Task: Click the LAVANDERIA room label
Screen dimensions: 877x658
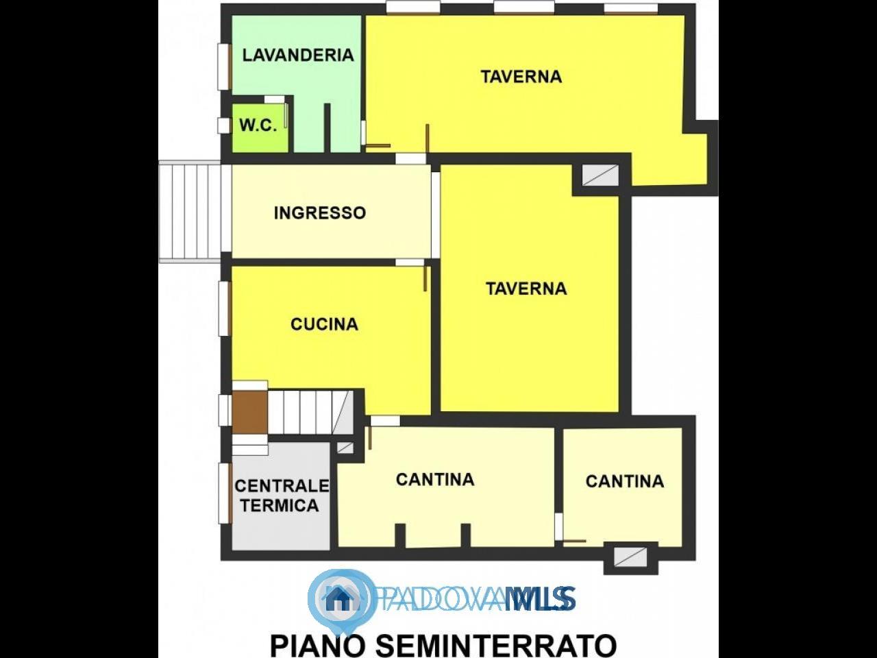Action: point(298,55)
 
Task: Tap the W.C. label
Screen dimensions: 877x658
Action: point(258,125)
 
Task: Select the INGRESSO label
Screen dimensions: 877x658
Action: point(320,213)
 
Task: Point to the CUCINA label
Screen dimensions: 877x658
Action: point(324,324)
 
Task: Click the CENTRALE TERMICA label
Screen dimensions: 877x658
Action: point(282,496)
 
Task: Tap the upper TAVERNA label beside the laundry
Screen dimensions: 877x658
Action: point(521,76)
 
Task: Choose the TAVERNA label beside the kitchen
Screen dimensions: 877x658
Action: point(526,289)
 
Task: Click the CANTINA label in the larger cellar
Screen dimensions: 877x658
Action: point(435,479)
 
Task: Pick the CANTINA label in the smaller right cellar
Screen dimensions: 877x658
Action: point(625,481)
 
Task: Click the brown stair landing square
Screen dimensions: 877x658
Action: point(250,412)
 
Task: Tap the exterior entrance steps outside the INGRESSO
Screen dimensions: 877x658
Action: point(190,212)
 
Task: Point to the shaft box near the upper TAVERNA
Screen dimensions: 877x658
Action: point(600,175)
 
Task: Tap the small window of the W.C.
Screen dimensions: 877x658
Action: point(224,125)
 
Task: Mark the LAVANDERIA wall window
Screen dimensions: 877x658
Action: point(225,66)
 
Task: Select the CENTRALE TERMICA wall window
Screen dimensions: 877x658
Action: point(225,493)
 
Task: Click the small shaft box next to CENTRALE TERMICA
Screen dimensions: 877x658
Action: point(345,448)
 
